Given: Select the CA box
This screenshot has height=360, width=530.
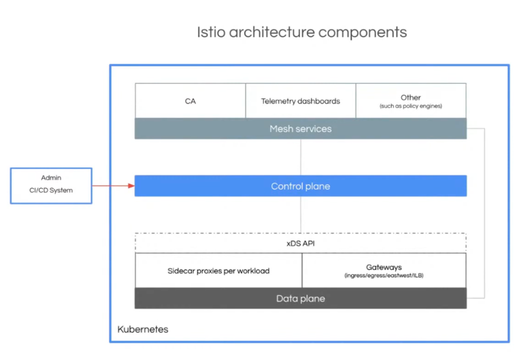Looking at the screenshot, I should click(x=190, y=101).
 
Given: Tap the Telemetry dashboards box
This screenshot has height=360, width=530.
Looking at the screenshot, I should click(x=300, y=101).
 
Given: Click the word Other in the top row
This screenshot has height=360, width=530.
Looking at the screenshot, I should click(x=410, y=97).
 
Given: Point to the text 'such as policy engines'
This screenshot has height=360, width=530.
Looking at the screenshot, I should click(x=410, y=106).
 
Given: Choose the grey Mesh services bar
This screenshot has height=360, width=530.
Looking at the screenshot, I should click(x=300, y=129).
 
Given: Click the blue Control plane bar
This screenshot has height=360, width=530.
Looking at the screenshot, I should click(x=300, y=186).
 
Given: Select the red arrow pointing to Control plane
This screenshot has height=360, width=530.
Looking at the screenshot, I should click(x=113, y=186).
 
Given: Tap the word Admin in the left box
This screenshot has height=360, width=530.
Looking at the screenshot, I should click(x=51, y=177).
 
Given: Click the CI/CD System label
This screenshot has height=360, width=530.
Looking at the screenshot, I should click(x=51, y=190).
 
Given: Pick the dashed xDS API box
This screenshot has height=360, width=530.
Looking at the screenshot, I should click(x=300, y=243).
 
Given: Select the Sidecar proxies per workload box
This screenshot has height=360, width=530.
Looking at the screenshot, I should click(x=218, y=271).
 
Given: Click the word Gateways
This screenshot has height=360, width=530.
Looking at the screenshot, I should click(x=383, y=267).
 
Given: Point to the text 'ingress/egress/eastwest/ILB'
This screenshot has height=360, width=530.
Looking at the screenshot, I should click(x=383, y=276).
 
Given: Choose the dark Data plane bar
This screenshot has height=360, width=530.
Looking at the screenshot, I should click(x=300, y=299).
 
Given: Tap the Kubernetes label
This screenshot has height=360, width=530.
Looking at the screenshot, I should click(x=142, y=329).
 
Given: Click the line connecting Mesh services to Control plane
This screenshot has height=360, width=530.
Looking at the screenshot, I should click(x=301, y=157).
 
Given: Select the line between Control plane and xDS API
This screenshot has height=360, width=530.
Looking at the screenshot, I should click(x=301, y=215).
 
